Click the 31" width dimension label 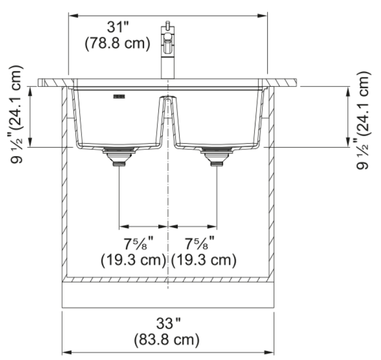click(118, 27)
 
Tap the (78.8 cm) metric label click(118, 43)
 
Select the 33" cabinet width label click(168, 323)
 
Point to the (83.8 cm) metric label click(167, 339)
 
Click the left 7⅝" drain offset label click(139, 243)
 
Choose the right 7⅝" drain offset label click(200, 243)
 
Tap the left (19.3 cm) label click(134, 260)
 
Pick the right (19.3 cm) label click(204, 260)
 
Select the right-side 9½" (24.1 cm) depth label click(364, 120)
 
